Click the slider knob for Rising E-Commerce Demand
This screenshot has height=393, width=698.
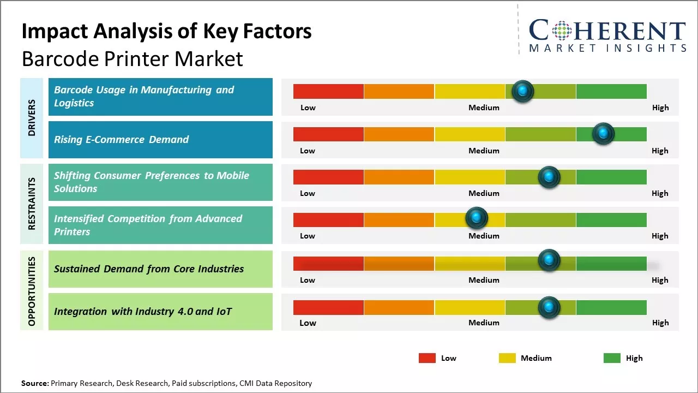(x=603, y=134)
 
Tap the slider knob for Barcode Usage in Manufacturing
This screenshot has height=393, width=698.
(x=523, y=91)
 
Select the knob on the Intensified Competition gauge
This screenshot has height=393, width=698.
(x=477, y=218)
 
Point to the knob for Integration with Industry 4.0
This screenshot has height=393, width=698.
(x=549, y=307)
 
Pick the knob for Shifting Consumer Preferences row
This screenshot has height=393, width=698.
(x=549, y=177)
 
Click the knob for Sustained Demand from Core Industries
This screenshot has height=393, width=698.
(x=549, y=260)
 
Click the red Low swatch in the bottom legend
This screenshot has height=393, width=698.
(x=427, y=358)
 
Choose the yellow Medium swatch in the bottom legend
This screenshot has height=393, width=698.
(x=507, y=358)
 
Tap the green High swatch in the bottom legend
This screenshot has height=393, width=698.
(x=612, y=358)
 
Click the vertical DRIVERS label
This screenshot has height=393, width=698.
(x=32, y=118)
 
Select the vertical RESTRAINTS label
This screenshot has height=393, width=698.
(x=32, y=204)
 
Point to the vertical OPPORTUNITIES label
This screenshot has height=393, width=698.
(x=32, y=291)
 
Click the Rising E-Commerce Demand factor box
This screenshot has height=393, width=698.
(x=160, y=140)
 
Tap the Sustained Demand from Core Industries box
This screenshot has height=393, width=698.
(x=160, y=269)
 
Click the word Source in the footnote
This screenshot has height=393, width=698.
(x=35, y=384)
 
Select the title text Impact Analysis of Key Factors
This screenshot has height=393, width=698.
(x=166, y=32)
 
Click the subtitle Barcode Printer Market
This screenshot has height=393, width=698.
(x=133, y=59)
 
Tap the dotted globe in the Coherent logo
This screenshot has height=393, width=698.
(x=561, y=31)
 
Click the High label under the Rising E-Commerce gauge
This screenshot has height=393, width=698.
(x=660, y=151)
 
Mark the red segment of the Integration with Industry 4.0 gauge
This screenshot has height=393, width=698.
(x=328, y=307)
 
